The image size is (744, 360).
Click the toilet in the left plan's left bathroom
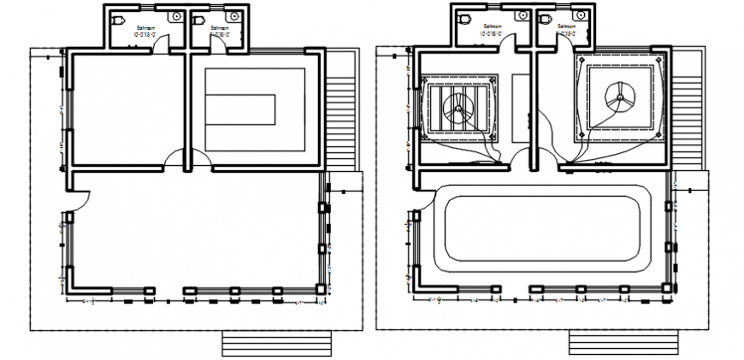(120, 18)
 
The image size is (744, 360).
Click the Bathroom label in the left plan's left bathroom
(145, 28)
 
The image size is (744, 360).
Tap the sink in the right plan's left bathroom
(521, 16)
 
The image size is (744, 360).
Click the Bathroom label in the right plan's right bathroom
(567, 27)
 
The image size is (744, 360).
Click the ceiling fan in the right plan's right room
(620, 96)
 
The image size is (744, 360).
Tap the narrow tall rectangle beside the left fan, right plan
(520, 108)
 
